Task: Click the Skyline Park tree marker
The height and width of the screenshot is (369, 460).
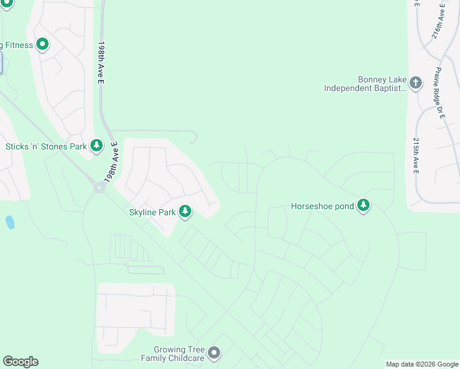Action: tap(185, 212)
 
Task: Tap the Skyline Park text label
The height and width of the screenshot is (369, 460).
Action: tap(152, 213)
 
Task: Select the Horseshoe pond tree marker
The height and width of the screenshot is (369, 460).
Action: tap(363, 205)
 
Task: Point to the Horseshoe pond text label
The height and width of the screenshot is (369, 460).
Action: tap(322, 207)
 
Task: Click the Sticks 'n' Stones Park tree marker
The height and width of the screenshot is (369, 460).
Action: tap(96, 146)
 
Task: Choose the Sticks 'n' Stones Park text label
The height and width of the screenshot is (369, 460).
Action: tap(46, 147)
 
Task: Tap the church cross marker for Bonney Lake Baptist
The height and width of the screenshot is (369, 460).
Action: tap(416, 83)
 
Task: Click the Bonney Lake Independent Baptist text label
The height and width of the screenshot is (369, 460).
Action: tap(365, 84)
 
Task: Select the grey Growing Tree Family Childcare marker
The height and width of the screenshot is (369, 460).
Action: tap(213, 353)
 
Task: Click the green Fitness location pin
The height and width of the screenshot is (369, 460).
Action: tap(42, 44)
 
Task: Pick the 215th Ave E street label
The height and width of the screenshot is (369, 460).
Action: tap(416, 155)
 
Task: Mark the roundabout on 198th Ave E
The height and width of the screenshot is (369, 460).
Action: tap(98, 188)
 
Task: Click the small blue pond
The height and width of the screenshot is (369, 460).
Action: tap(10, 222)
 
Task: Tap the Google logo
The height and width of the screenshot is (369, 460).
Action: tap(20, 362)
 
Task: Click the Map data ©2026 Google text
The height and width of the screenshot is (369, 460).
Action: tap(422, 364)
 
